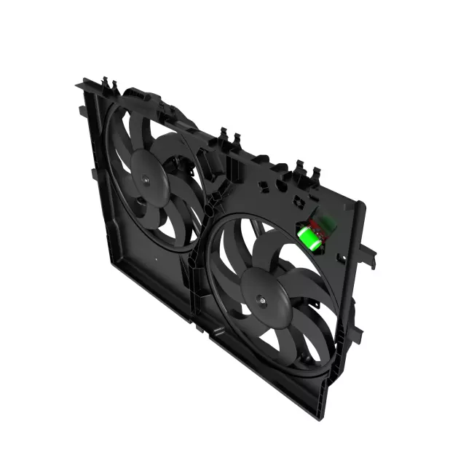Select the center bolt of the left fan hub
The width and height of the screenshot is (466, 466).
(144, 177)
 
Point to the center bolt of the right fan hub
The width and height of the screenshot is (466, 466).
(262, 299)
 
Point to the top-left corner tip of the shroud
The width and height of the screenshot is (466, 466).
(78, 86)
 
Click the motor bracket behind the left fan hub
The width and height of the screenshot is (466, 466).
(175, 164)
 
